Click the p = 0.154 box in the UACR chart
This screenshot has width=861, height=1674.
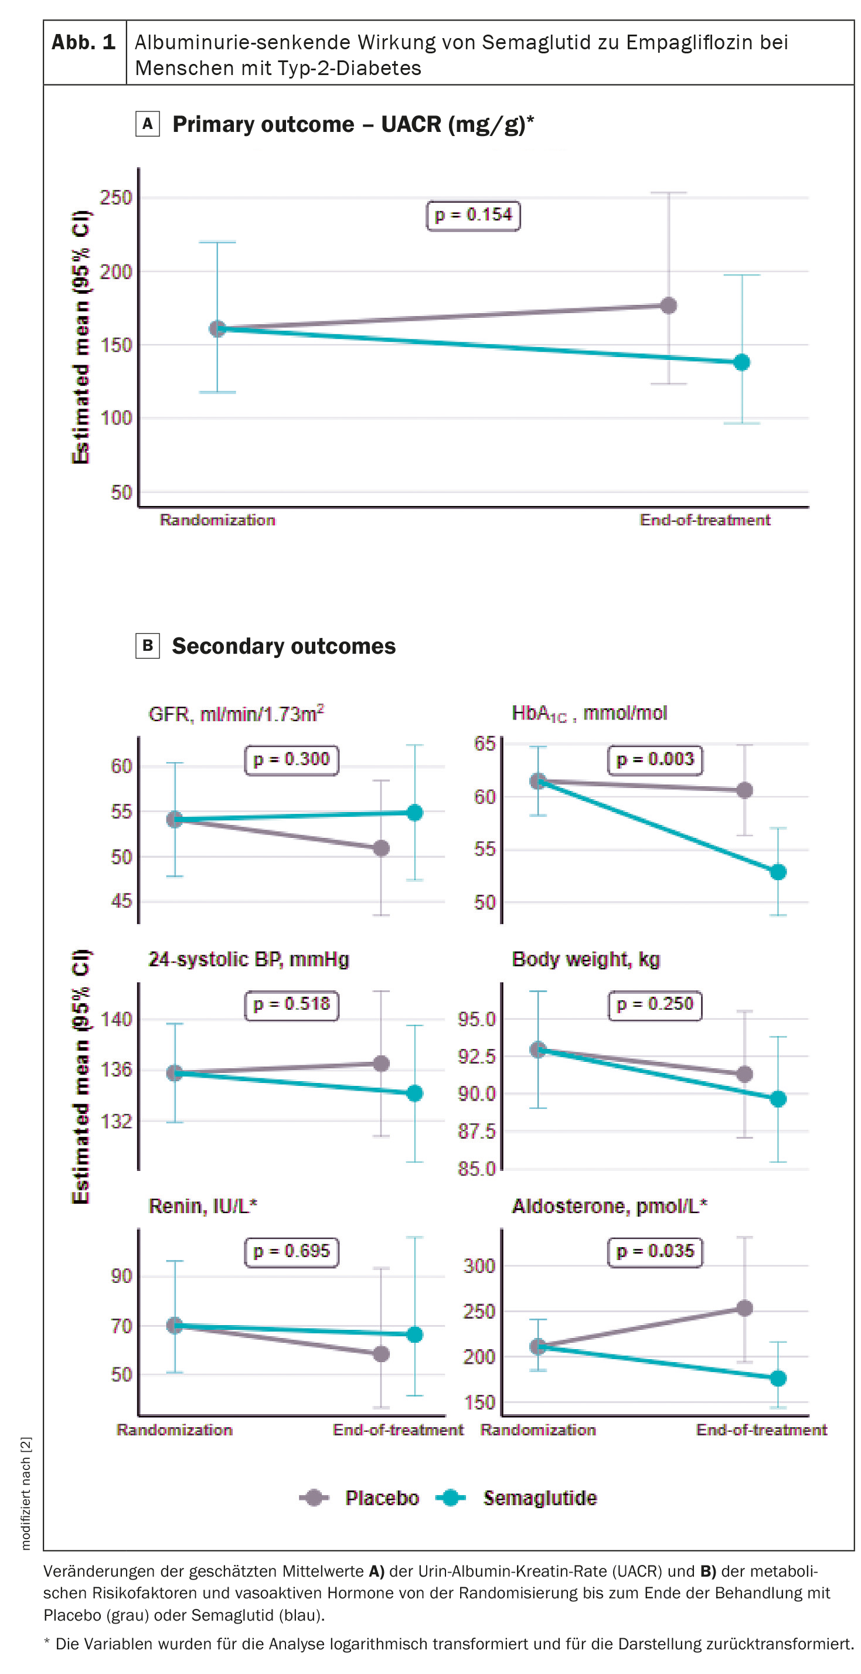coord(473,215)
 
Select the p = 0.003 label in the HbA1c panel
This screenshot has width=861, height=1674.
coord(655,759)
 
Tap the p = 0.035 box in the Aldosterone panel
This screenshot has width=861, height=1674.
coord(655,1251)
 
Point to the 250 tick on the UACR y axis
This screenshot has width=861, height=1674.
coord(115,198)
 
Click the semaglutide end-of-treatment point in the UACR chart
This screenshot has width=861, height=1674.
coord(741,362)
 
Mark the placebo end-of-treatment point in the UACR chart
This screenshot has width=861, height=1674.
coord(669,305)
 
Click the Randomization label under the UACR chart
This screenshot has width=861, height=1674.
coord(217,520)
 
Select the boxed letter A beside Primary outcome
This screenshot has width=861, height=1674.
coord(148,124)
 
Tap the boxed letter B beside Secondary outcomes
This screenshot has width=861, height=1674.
coord(148,646)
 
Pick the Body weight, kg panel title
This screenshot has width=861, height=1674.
coord(586,959)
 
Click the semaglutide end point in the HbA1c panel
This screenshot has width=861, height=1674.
coord(778,872)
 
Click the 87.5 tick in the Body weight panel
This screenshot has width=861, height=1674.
coord(477,1132)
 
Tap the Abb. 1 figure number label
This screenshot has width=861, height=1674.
coord(84,43)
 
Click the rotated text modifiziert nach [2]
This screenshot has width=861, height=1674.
coord(25,1493)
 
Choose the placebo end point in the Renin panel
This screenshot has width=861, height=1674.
coord(382,1354)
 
